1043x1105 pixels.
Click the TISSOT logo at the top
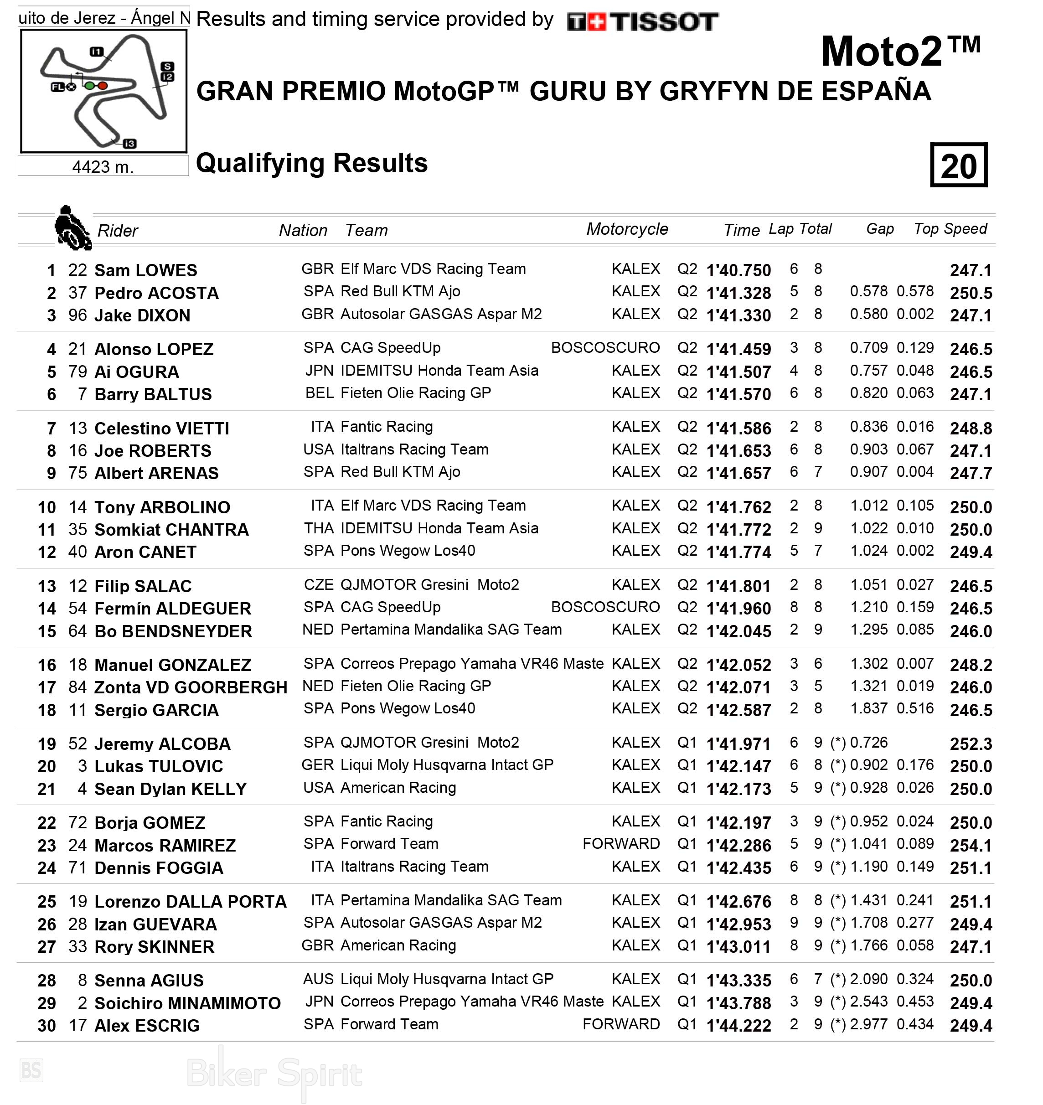pyautogui.click(x=643, y=22)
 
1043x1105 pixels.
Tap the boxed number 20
pyautogui.click(x=959, y=165)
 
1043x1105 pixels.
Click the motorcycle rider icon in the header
pyautogui.click(x=72, y=228)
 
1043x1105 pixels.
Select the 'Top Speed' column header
pyautogui.click(x=950, y=229)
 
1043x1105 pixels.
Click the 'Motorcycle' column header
pyautogui.click(x=627, y=229)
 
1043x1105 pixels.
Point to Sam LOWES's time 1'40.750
pyautogui.click(x=738, y=271)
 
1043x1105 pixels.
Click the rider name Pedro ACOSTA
pyautogui.click(x=156, y=293)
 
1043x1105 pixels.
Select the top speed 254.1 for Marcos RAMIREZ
pyautogui.click(x=971, y=846)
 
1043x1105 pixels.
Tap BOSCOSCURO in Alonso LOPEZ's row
pyautogui.click(x=605, y=348)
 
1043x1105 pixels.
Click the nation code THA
pyautogui.click(x=319, y=528)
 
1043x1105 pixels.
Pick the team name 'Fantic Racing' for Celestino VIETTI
pyautogui.click(x=387, y=427)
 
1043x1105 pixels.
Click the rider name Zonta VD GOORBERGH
pyautogui.click(x=191, y=687)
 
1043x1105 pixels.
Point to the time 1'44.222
pyautogui.click(x=738, y=1026)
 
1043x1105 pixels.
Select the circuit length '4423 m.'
pyautogui.click(x=103, y=167)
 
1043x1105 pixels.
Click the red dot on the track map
pyautogui.click(x=103, y=86)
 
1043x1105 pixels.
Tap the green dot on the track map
pyautogui.click(x=89, y=86)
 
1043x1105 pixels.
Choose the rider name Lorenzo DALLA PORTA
pyautogui.click(x=190, y=902)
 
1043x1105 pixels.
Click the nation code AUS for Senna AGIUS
pyautogui.click(x=318, y=979)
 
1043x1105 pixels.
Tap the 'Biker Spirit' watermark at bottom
pyautogui.click(x=274, y=1073)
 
